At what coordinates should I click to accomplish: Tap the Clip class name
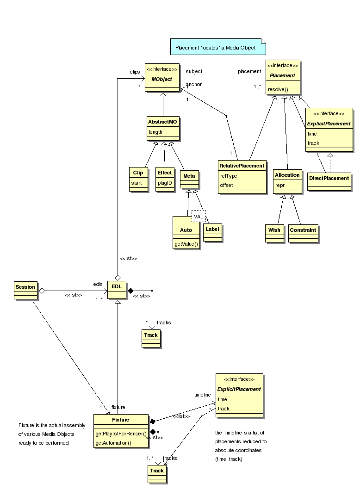click(138, 173)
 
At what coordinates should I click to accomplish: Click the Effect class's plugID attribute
click(165, 183)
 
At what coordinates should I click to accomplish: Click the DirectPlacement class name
click(329, 178)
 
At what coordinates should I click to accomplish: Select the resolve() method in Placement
click(278, 89)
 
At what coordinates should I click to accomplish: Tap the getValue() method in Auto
click(186, 244)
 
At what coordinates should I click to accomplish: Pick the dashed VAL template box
click(199, 217)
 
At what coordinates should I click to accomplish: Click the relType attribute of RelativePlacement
click(229, 176)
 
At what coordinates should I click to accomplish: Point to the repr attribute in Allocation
click(280, 185)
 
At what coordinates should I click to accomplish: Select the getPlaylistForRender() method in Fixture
click(121, 434)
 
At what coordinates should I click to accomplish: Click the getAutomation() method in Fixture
click(113, 443)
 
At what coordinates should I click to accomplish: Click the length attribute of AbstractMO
click(155, 132)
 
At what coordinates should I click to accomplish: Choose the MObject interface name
click(161, 79)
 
